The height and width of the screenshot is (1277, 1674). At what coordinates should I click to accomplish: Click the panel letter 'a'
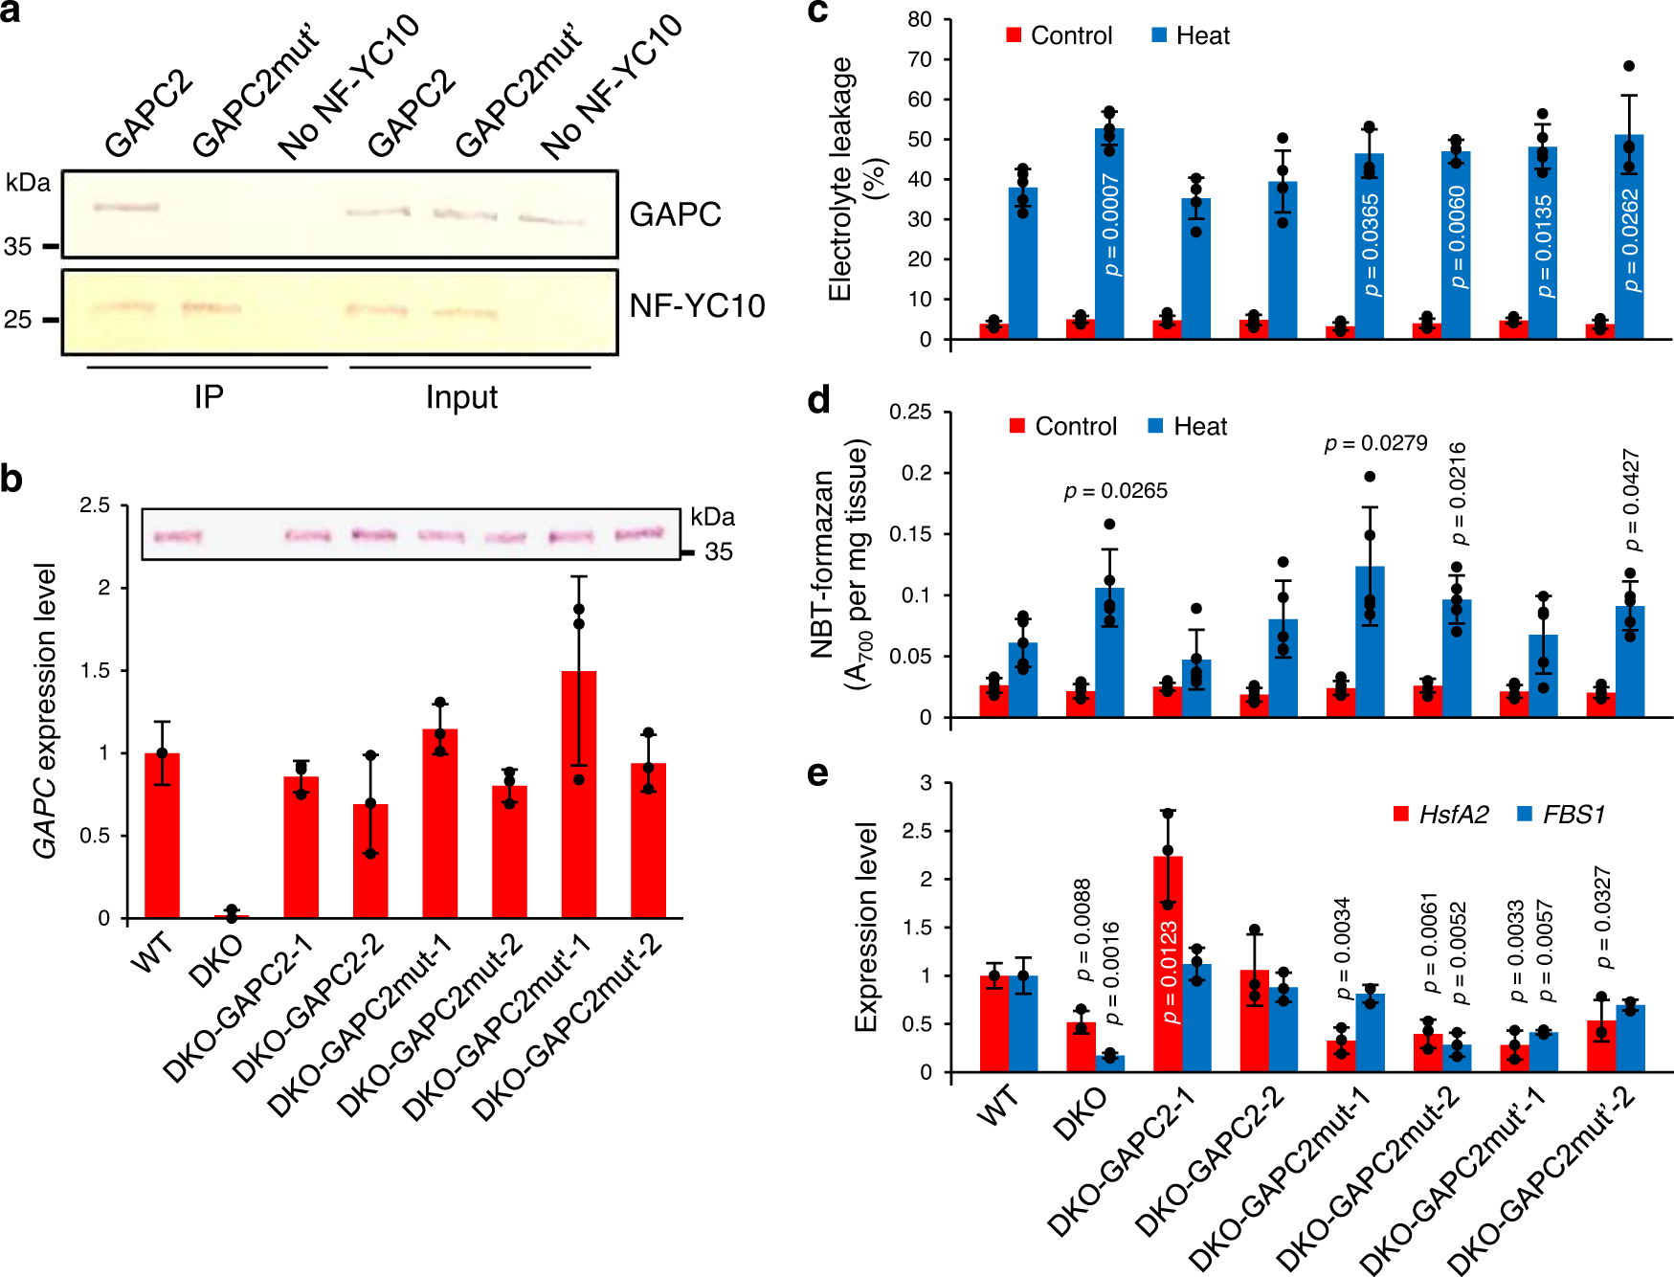(x=11, y=13)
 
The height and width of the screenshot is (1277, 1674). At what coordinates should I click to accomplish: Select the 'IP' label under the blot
(x=209, y=396)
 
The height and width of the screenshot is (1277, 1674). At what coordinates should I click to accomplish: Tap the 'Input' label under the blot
(x=461, y=396)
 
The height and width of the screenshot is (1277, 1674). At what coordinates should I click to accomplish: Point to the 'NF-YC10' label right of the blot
(x=697, y=305)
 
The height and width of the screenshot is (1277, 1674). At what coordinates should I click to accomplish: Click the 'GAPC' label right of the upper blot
(x=675, y=214)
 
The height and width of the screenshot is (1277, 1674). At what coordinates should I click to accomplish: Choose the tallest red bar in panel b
(x=579, y=794)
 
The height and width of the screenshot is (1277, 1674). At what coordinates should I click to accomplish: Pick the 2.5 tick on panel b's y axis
(x=95, y=504)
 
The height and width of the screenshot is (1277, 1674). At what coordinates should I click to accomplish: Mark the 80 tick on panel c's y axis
(x=920, y=20)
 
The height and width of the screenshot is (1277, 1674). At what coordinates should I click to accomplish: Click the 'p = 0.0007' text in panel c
(x=1110, y=225)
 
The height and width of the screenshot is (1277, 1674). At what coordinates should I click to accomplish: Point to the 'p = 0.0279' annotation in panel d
(x=1375, y=443)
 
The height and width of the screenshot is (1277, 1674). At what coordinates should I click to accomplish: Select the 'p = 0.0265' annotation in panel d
(x=1116, y=491)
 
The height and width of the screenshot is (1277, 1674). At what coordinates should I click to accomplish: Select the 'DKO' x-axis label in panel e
(x=1080, y=1115)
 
